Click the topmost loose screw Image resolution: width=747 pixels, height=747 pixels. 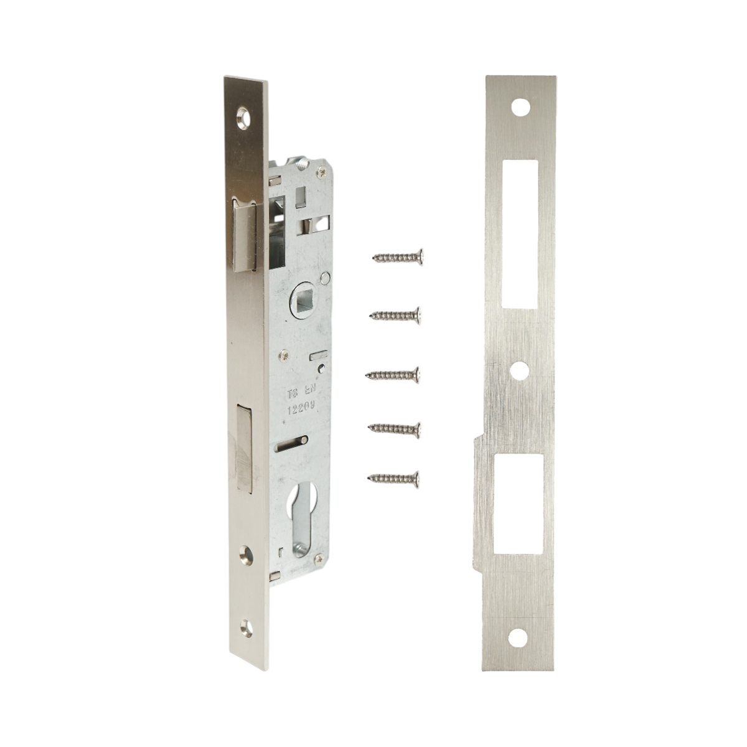click(398, 256)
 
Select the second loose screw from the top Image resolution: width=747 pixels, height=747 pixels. click(393, 315)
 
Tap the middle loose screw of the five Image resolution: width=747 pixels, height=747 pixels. click(393, 375)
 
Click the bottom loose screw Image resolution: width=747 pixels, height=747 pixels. click(393, 477)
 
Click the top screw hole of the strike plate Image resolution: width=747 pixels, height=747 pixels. click(520, 107)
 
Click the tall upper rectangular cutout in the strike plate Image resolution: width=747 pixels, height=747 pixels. click(520, 234)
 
